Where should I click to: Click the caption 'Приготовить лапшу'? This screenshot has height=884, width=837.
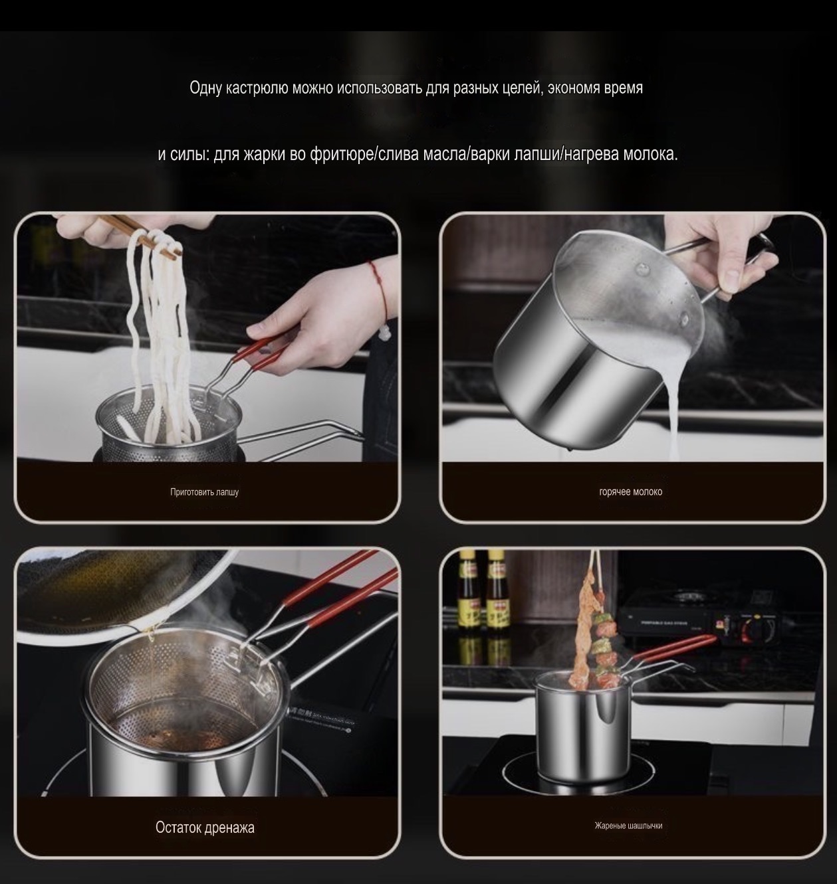click(x=204, y=492)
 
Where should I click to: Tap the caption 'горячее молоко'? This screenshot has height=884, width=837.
click(x=630, y=492)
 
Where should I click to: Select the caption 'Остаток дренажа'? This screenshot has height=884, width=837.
click(x=205, y=828)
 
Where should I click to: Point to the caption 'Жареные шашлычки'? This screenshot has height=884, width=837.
click(x=628, y=826)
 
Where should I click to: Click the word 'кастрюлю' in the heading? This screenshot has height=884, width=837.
click(x=257, y=88)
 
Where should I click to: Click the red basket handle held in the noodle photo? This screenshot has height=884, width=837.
click(x=256, y=355)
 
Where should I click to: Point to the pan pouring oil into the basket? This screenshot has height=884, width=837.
click(x=100, y=591)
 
